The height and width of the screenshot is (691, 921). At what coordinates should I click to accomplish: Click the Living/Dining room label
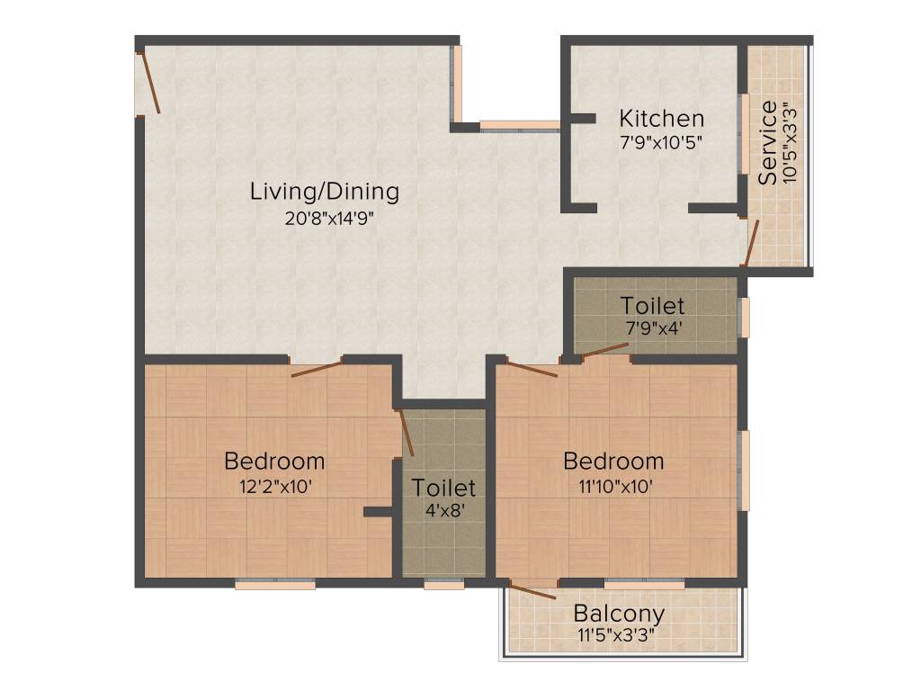324,191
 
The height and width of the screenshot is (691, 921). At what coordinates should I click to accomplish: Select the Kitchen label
661,119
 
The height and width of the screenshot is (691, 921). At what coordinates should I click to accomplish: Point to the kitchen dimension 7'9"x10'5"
661,141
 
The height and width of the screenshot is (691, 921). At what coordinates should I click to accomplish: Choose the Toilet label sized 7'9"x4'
652,306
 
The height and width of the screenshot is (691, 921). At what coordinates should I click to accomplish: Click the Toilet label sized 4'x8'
443,488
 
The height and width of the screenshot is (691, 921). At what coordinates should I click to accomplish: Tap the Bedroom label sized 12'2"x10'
274,462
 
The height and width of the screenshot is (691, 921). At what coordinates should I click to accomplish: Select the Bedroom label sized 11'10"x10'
613,462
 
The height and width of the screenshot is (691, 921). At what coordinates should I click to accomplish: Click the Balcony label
619,615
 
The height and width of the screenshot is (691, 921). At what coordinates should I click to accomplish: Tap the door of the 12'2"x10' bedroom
317,368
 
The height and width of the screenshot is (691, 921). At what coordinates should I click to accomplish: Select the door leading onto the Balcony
532,590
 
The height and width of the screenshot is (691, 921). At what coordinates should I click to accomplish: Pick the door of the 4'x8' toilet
406,433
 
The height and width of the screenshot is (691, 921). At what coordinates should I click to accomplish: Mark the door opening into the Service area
749,243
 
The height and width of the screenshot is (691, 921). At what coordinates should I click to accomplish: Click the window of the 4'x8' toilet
443,583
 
